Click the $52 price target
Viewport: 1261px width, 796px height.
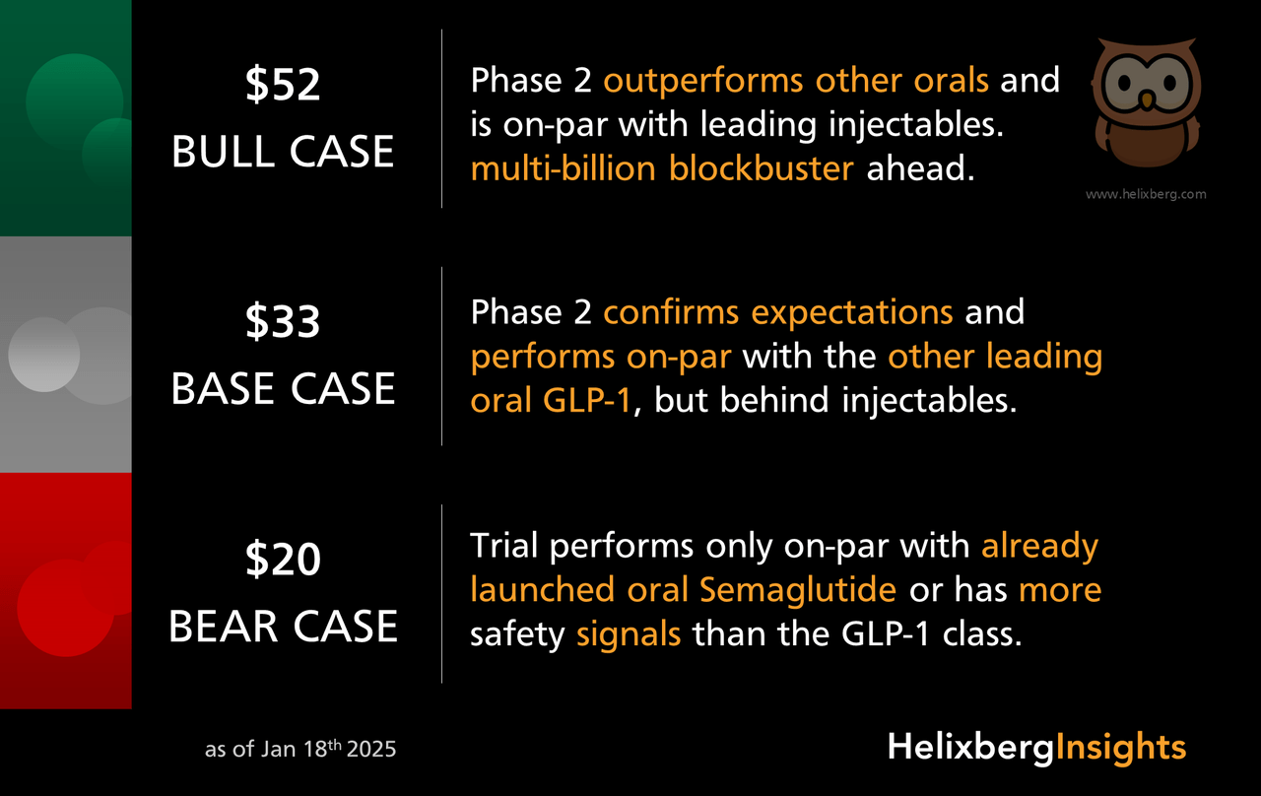[x=283, y=86]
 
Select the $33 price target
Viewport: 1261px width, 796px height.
[x=283, y=323]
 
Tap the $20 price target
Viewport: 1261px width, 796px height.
[x=283, y=561]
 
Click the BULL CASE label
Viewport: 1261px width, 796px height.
[x=283, y=152]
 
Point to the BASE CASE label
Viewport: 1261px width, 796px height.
[x=283, y=389]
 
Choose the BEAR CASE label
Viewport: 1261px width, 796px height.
[x=283, y=627]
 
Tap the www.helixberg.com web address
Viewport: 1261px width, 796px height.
[x=1146, y=194]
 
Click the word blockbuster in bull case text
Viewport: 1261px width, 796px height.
[x=761, y=168]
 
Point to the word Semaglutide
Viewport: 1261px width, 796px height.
[x=797, y=589]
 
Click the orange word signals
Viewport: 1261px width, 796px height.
[x=629, y=632]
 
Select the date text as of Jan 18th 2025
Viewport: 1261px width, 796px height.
[x=300, y=749]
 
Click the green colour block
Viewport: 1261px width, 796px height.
[x=66, y=118]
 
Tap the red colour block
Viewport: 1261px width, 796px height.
[x=66, y=591]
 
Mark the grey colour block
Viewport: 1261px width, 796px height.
[x=66, y=355]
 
